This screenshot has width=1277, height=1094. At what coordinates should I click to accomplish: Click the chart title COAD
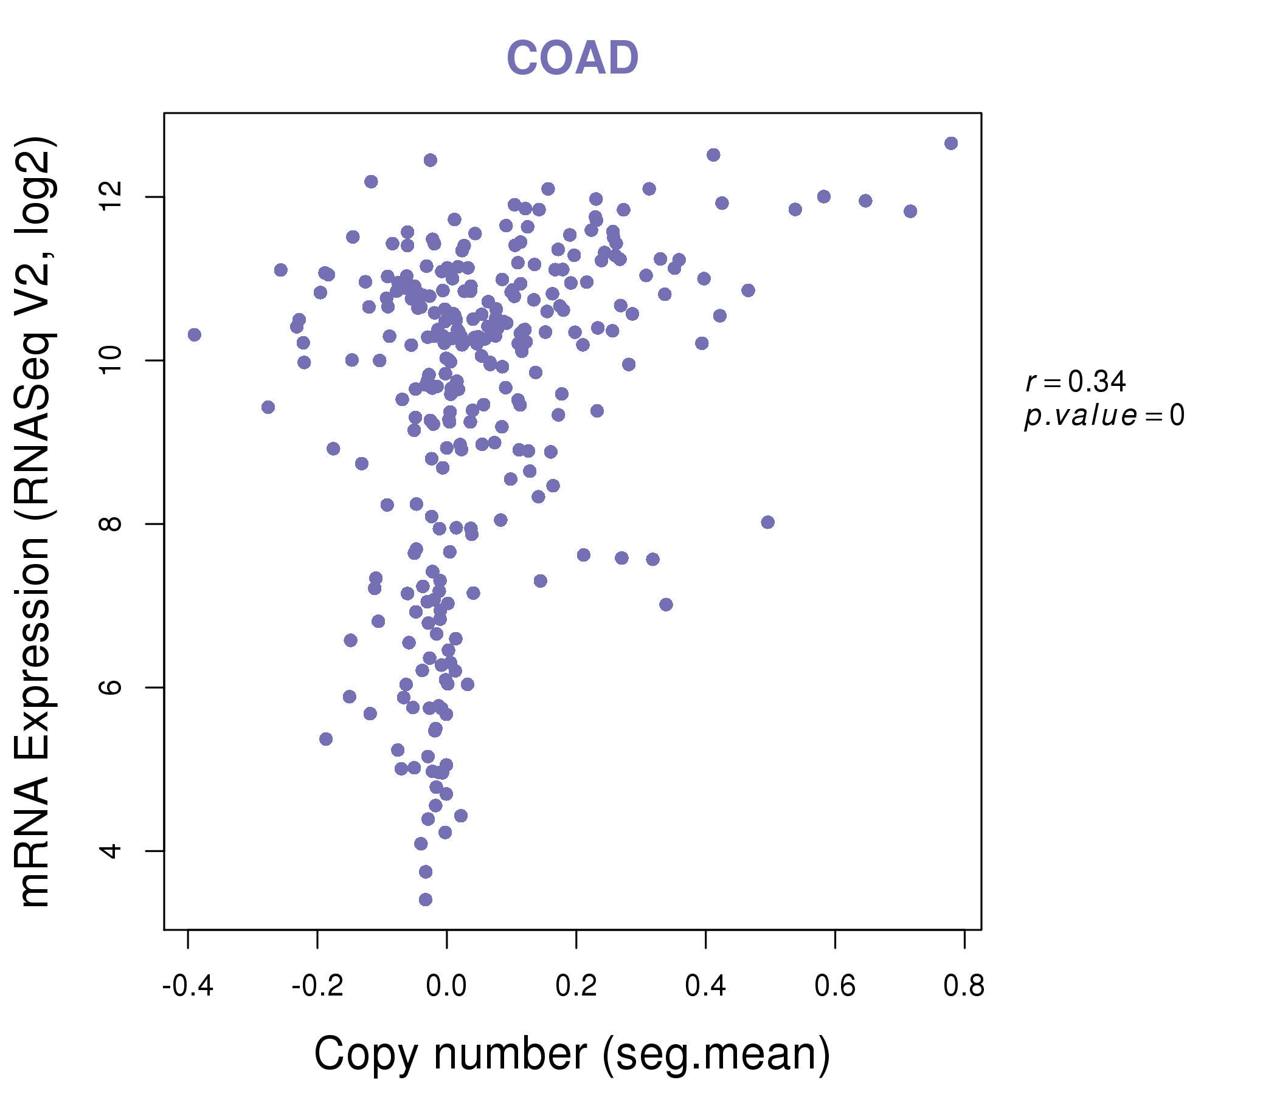pos(572,58)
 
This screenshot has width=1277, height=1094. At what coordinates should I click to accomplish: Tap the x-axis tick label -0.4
pos(187,986)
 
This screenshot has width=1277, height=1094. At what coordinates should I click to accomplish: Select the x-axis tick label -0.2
pos(317,986)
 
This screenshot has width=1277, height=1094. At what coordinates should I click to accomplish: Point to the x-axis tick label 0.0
pos(446,986)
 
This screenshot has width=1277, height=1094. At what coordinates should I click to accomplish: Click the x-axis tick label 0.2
pos(576,986)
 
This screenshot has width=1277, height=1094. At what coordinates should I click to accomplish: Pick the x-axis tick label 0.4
pos(705,986)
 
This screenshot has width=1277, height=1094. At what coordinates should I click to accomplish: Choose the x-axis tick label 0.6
pos(834,986)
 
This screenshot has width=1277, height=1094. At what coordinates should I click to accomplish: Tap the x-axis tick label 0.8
pos(964,986)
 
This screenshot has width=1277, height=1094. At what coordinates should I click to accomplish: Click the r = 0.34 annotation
pos(1076,382)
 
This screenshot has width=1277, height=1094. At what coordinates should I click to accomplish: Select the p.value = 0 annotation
pos(1104,416)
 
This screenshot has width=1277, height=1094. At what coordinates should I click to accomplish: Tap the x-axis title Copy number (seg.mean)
pos(572,1054)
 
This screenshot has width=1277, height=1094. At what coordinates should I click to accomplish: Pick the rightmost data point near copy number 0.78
pos(950,143)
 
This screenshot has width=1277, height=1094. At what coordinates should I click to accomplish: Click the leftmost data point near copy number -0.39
pos(194,334)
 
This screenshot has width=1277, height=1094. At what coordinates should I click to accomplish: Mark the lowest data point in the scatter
pos(425,900)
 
